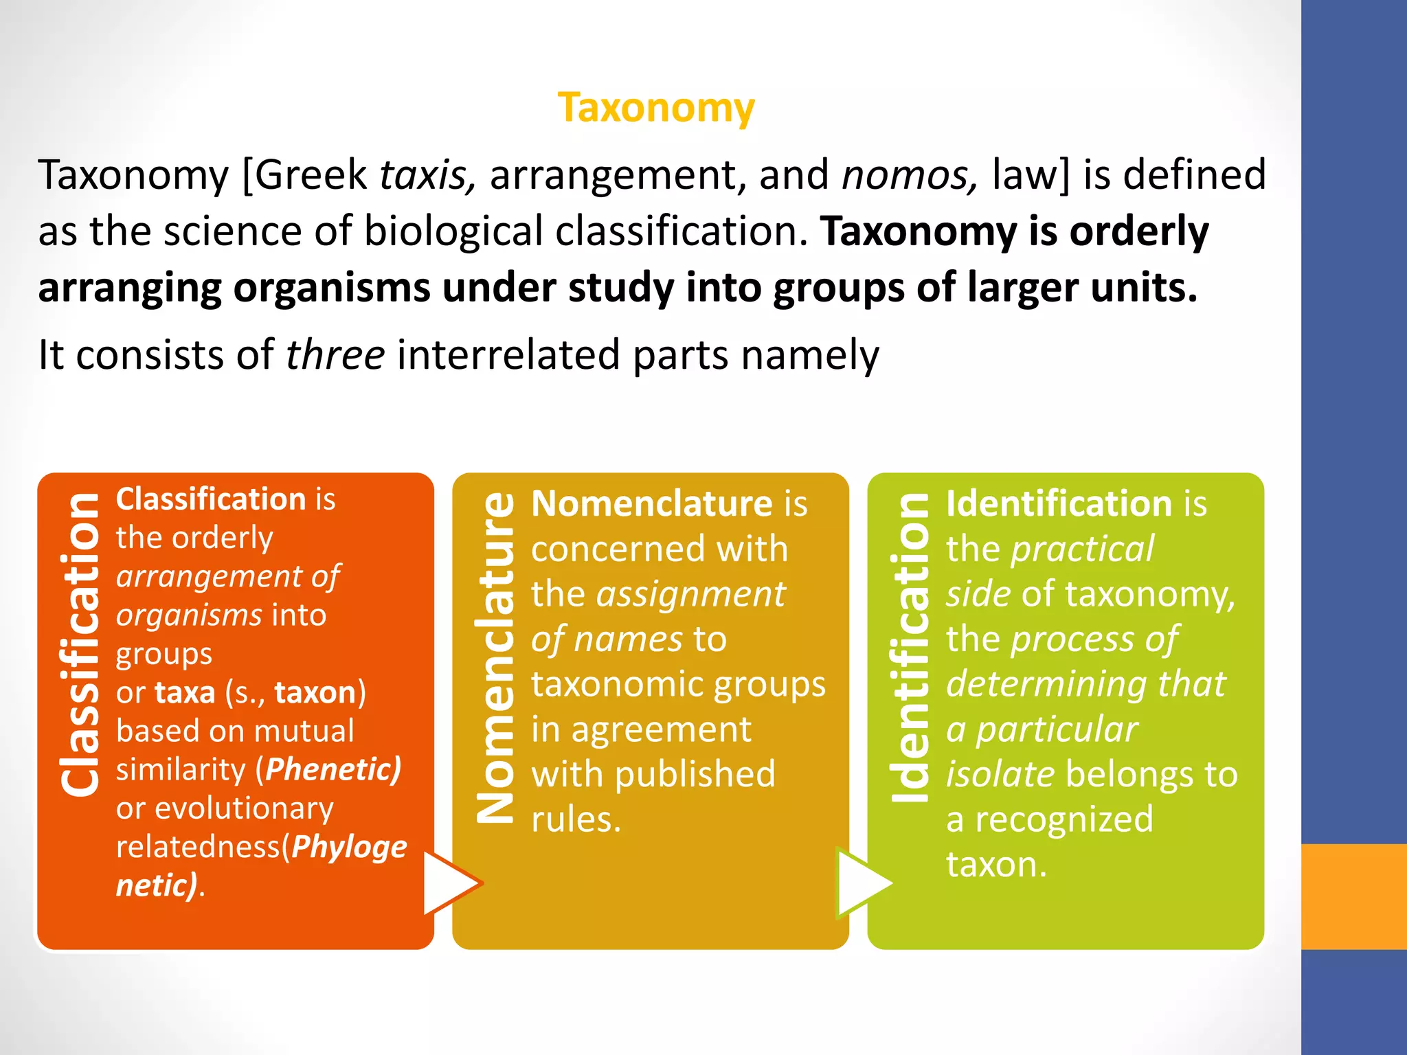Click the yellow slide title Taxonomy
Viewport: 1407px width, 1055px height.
pyautogui.click(x=656, y=109)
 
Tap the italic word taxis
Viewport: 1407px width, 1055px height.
pyautogui.click(x=427, y=175)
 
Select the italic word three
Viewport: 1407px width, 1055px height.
pyautogui.click(x=335, y=355)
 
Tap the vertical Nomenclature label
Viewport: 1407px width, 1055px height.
pyautogui.click(x=495, y=656)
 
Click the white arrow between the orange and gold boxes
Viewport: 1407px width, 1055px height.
pyautogui.click(x=451, y=883)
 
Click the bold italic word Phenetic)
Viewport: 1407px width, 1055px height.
pyautogui.click(x=333, y=769)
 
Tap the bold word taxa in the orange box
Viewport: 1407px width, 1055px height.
pyautogui.click(x=185, y=692)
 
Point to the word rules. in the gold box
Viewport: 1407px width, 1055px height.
pyautogui.click(x=576, y=819)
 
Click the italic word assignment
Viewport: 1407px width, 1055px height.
pyautogui.click(x=690, y=594)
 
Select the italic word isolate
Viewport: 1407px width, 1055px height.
pyautogui.click(x=1000, y=774)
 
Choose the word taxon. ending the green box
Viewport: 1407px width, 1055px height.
pyautogui.click(x=996, y=864)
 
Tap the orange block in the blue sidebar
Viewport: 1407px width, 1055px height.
pyautogui.click(x=1354, y=896)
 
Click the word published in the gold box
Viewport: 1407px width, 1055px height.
pyautogui.click(x=695, y=774)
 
